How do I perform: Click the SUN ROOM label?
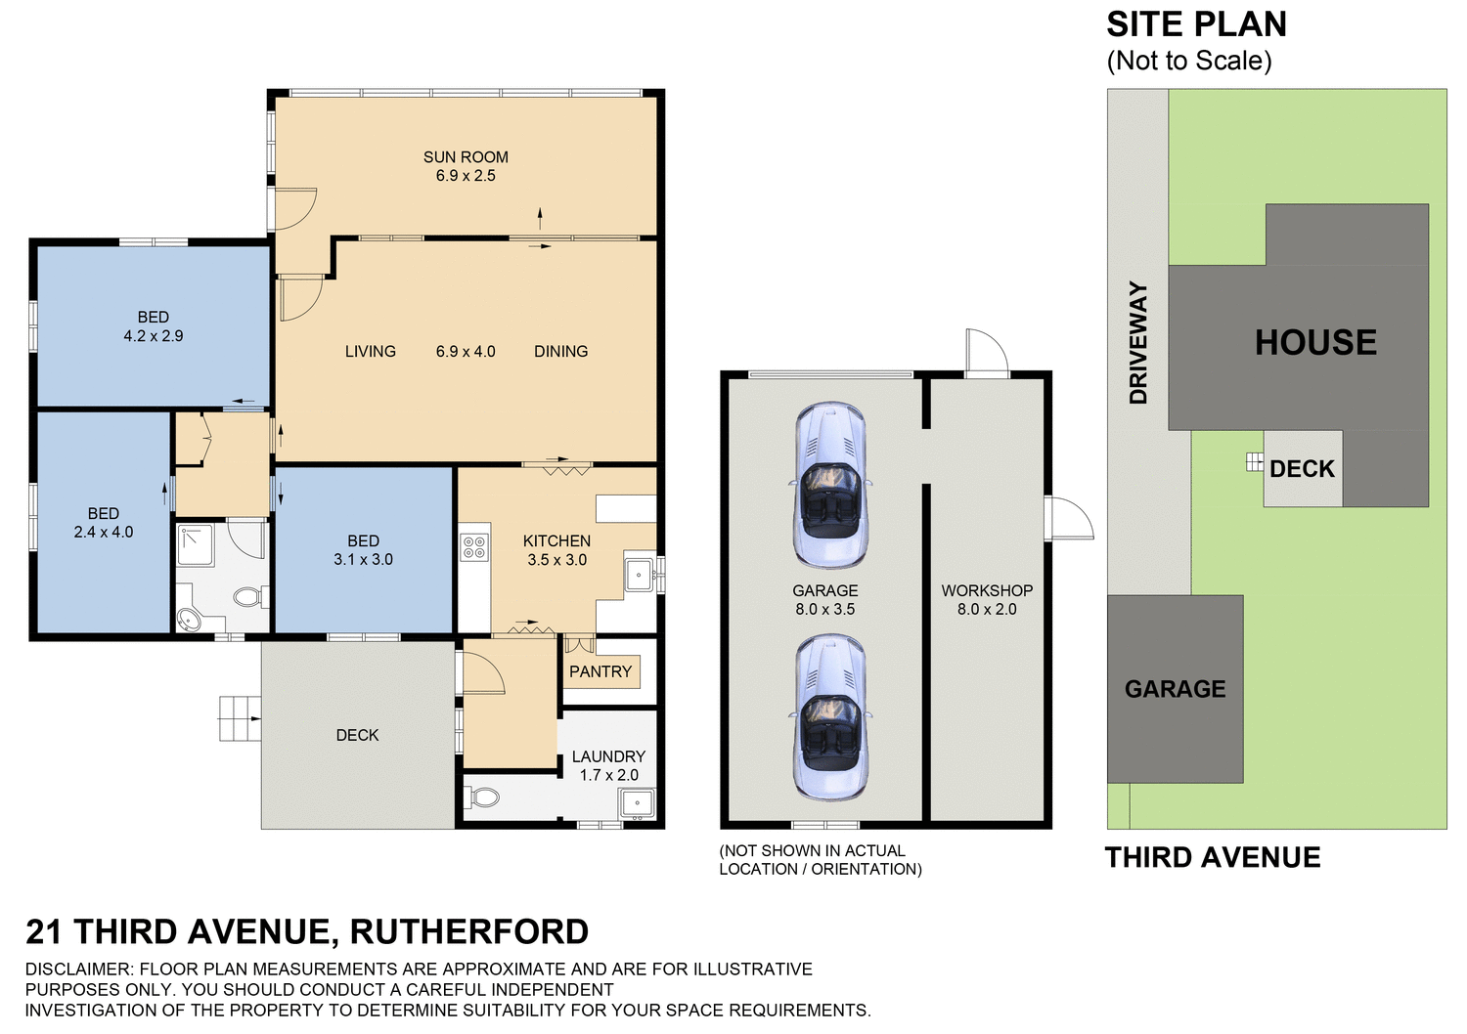(x=466, y=156)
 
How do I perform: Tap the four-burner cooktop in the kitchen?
(x=473, y=547)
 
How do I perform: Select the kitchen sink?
(x=639, y=575)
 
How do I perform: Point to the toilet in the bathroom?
(x=248, y=595)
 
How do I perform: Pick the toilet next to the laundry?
(x=484, y=797)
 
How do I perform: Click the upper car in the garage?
(x=829, y=486)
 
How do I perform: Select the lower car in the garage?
(x=829, y=716)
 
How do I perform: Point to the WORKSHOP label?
(x=987, y=590)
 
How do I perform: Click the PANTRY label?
(x=600, y=671)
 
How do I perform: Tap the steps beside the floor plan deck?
(x=240, y=718)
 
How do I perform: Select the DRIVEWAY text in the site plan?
(x=1138, y=342)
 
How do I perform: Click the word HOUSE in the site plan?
(x=1315, y=342)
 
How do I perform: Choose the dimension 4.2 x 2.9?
(x=153, y=336)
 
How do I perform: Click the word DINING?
(x=560, y=351)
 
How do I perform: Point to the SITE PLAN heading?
(x=1196, y=24)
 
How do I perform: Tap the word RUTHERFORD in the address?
(x=469, y=931)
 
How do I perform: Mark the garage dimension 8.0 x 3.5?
(x=824, y=609)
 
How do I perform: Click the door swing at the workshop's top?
(x=986, y=353)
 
